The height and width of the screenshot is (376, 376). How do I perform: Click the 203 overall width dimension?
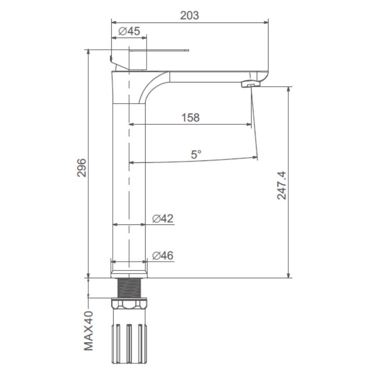(190, 15)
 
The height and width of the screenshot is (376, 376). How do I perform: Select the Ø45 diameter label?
(129, 31)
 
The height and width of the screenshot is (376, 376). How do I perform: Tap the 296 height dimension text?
(82, 168)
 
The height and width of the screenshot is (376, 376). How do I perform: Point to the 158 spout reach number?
(190, 117)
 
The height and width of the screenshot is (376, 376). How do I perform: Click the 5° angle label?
(196, 155)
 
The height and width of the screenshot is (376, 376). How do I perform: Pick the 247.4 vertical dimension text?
(282, 185)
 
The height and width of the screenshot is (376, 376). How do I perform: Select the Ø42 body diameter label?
(162, 218)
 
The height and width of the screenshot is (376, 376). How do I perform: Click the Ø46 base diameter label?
(162, 255)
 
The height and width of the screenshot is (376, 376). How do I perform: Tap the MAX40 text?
(88, 331)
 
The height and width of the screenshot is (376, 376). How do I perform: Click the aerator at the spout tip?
(250, 84)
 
